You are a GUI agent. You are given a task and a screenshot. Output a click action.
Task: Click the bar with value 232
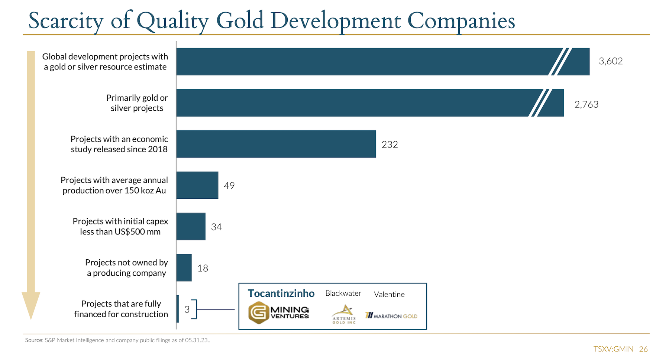pos(276,144)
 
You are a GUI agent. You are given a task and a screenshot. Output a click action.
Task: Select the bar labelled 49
pos(197,185)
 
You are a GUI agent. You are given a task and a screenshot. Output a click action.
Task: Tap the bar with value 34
pos(191,226)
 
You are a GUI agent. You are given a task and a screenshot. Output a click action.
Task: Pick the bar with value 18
pos(184,267)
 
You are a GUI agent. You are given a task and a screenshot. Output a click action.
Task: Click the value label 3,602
pos(611,61)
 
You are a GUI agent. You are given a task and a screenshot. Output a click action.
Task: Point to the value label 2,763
pos(586,104)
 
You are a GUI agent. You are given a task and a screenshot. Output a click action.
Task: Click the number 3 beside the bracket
pos(187,309)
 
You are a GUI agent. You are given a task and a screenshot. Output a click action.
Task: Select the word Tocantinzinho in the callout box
pos(281,293)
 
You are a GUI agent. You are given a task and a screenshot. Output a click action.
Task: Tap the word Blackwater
pos(343,293)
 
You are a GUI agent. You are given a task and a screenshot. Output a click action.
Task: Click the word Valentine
pos(389,294)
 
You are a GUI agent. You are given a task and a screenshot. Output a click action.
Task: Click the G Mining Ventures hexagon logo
pos(258,312)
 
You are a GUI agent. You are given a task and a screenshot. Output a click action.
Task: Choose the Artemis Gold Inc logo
pos(344,314)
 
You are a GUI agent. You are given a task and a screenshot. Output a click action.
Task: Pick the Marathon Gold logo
pos(391,316)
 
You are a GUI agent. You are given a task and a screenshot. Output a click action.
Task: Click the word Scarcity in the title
pos(66,21)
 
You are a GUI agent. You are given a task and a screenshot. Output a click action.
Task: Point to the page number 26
pos(643,349)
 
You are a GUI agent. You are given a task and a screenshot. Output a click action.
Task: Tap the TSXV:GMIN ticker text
pos(613,349)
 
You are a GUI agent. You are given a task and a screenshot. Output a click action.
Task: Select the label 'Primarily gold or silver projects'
pos(137,103)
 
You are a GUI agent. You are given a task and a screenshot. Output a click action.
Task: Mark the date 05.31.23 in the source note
pos(197,340)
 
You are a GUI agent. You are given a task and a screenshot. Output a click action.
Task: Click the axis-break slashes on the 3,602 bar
pos(560,62)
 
